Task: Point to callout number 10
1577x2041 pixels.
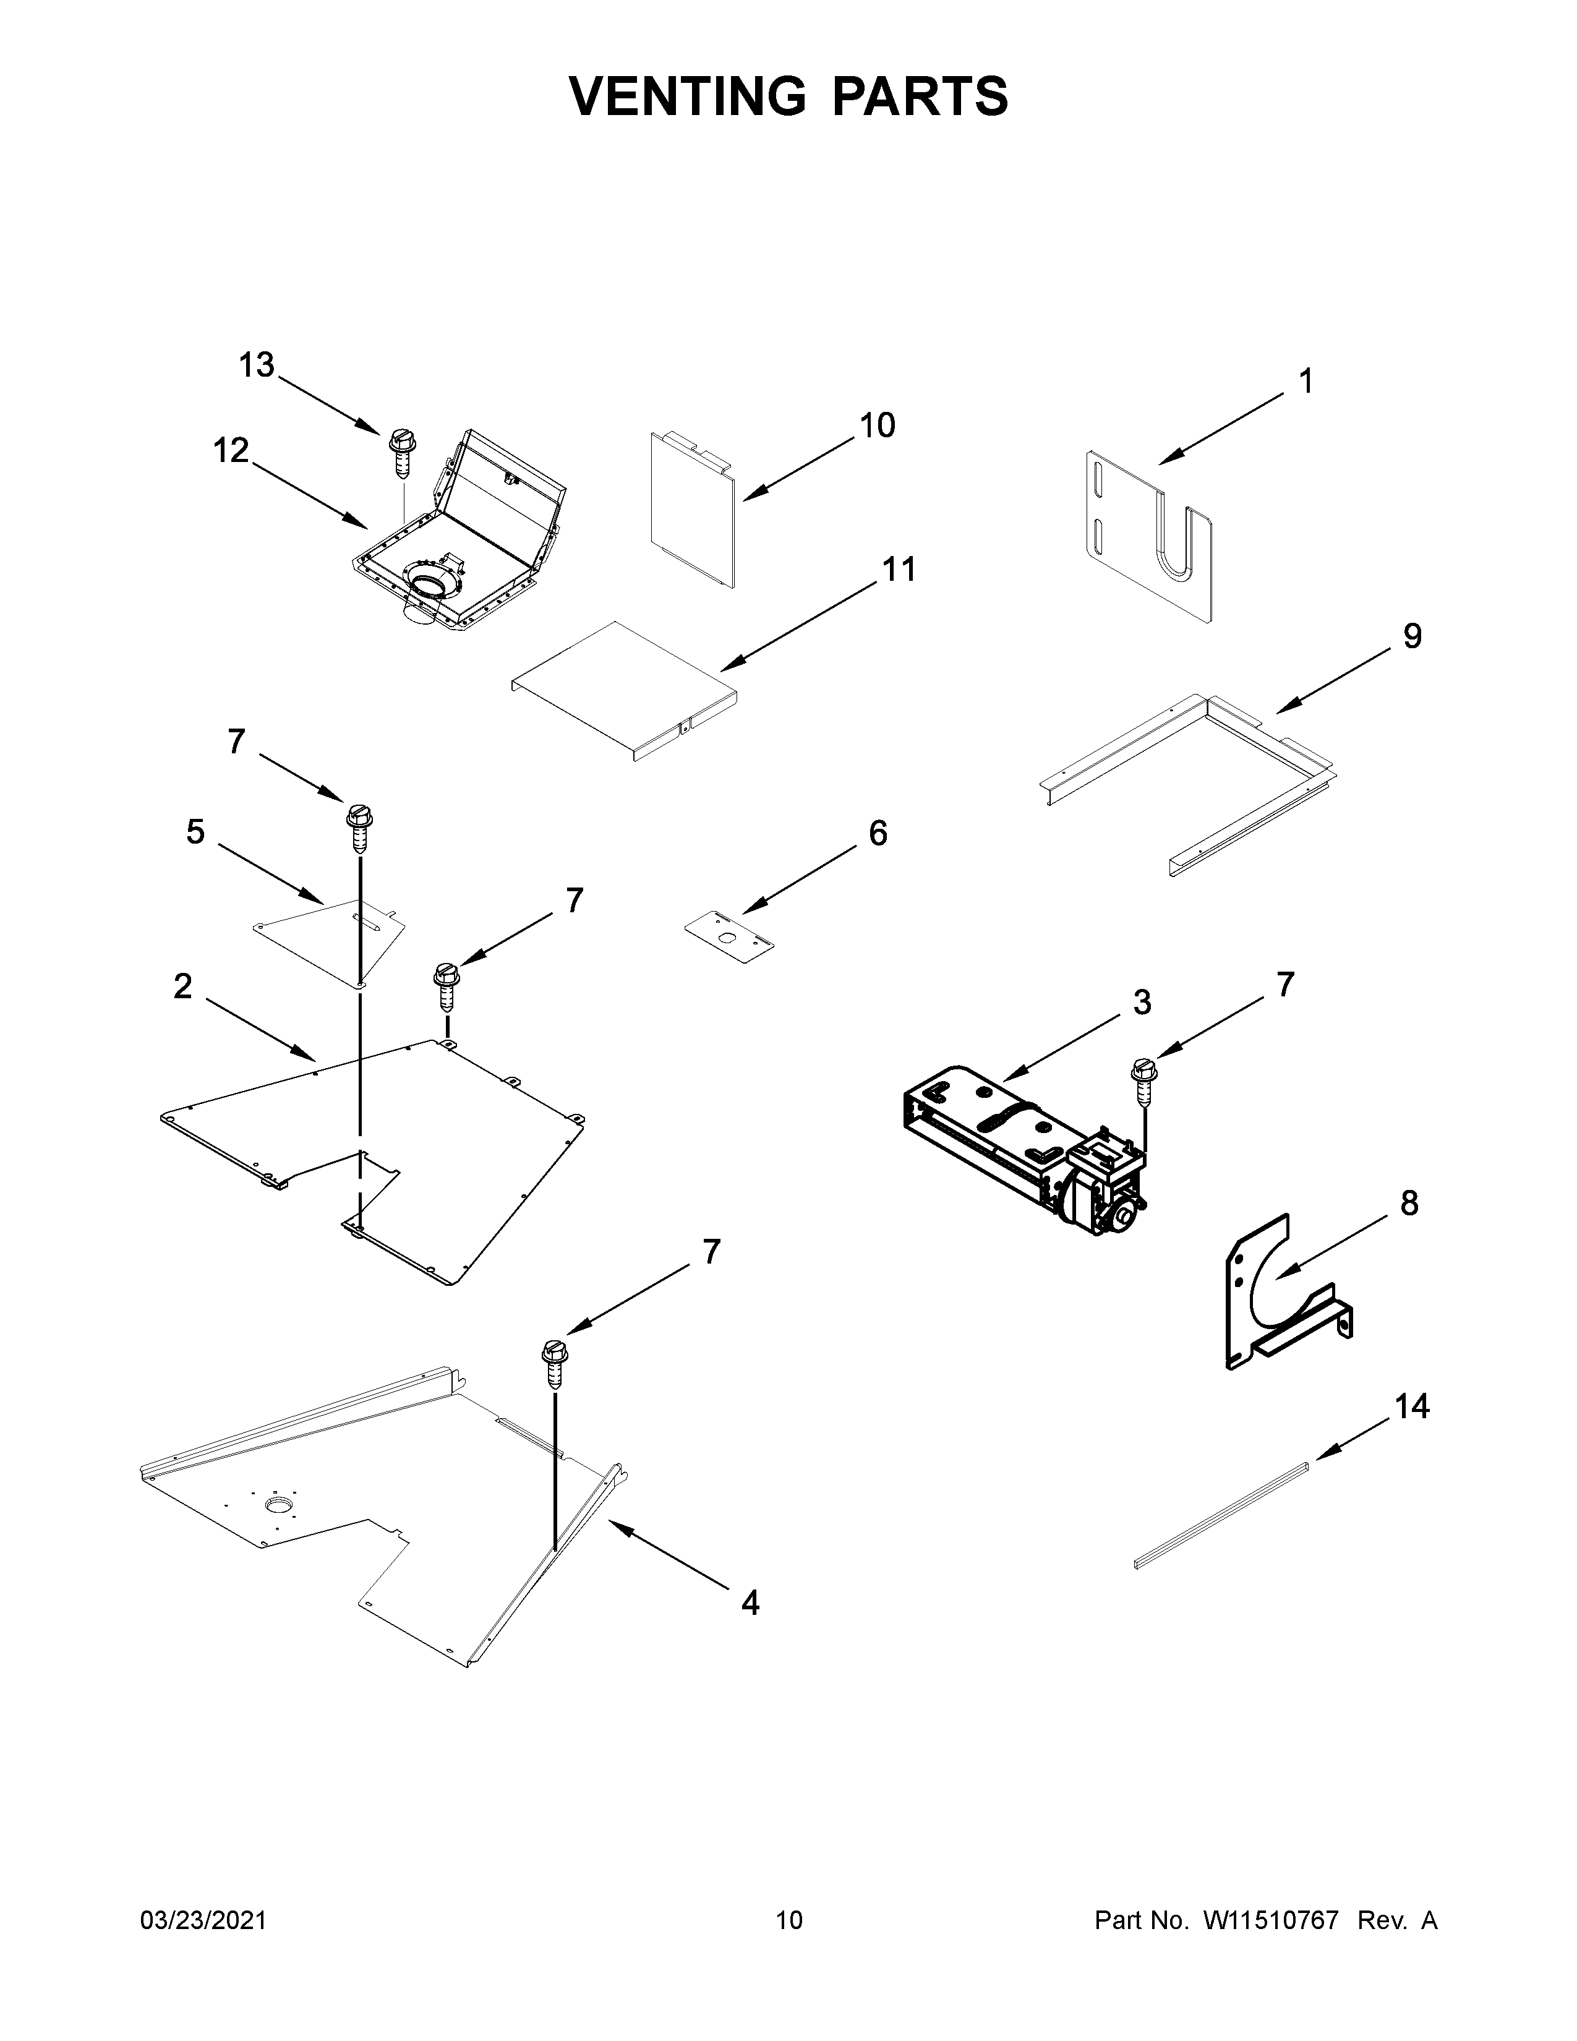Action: click(x=876, y=426)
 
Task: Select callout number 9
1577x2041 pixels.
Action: click(x=1412, y=636)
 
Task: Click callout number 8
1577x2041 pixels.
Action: click(x=1409, y=1204)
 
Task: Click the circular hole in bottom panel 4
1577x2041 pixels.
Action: click(x=278, y=1504)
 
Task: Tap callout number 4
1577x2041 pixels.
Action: click(x=750, y=1604)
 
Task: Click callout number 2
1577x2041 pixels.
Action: click(x=183, y=986)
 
